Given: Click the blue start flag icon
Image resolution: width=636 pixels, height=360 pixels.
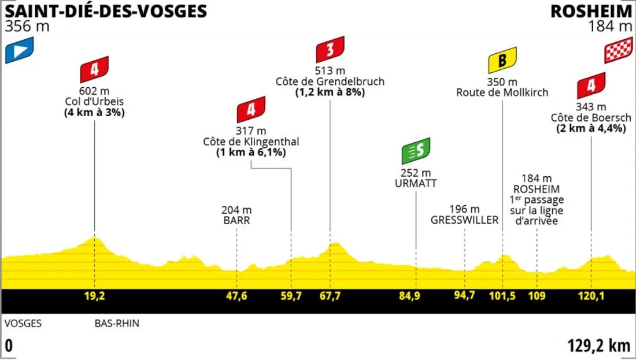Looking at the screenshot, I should pos(20,50).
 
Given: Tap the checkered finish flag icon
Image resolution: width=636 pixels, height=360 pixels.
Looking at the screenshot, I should pos(617,52).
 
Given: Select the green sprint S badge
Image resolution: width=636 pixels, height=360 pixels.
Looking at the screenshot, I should pos(416,151).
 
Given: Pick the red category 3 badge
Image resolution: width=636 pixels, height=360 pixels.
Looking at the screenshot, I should pos(330,50).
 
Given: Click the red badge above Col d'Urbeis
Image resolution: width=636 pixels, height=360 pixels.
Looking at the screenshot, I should pos(95,69).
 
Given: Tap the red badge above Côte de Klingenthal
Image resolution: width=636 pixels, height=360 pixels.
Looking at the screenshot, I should pos(251,110).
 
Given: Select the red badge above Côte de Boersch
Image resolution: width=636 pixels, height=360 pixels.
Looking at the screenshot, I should pos(591,86).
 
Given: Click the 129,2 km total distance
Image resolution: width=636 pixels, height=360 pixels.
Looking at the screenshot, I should pos(599,346).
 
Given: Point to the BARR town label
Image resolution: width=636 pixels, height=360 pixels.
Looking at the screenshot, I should pos(236,221).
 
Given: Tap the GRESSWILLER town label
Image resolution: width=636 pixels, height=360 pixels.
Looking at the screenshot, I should pos(464,220).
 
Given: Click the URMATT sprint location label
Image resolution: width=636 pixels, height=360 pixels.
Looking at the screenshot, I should pos(416,183).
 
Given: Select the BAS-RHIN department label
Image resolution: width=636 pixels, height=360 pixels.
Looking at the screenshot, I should pos(117,324).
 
